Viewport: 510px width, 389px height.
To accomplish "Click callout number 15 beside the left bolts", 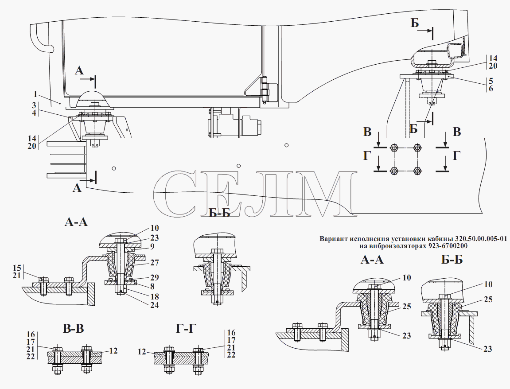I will click(x=17, y=268).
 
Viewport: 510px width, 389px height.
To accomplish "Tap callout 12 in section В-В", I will click(x=113, y=351).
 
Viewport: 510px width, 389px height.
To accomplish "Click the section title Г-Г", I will click(x=186, y=329).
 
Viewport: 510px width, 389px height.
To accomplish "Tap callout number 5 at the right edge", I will click(x=491, y=81).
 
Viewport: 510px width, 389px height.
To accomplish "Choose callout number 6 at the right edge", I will click(x=491, y=89).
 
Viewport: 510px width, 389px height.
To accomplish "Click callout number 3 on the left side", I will click(x=34, y=105).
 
